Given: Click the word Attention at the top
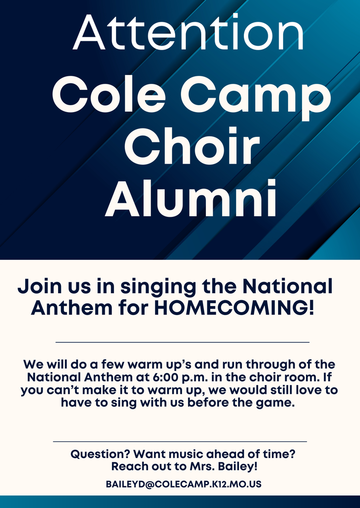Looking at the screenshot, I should [x=188, y=32].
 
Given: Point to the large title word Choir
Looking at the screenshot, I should [x=192, y=146].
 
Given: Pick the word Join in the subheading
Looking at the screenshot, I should [x=39, y=286].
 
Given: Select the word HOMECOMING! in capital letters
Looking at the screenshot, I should [x=234, y=308].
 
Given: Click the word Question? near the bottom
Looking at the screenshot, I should [x=101, y=454].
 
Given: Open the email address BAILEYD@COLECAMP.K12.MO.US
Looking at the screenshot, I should [x=183, y=484].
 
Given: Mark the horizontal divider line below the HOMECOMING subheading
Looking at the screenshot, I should [x=182, y=342].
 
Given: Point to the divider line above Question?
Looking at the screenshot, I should [x=180, y=441].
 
